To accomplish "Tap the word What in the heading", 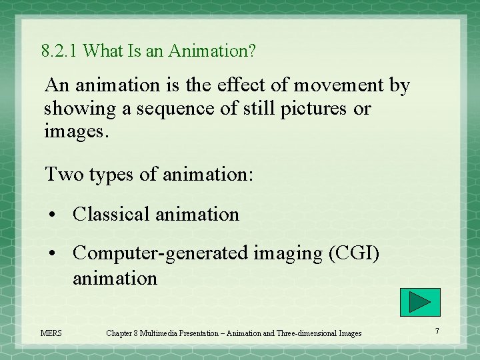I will point(101,51).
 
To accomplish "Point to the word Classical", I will point(111,214).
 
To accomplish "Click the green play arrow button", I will point(420,303).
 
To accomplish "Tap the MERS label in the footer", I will point(51,333).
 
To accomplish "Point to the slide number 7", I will point(437,331).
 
